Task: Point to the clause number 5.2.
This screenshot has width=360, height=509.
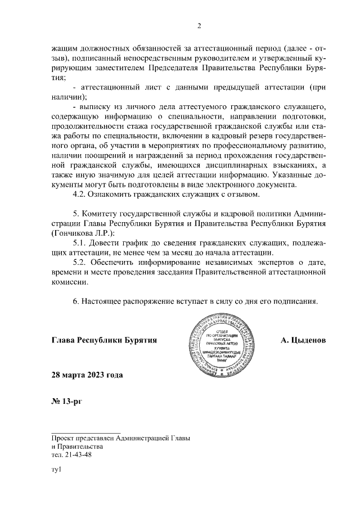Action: coord(80,263)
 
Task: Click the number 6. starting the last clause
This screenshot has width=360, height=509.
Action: coord(76,301)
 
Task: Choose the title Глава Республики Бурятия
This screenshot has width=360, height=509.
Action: coord(103,340)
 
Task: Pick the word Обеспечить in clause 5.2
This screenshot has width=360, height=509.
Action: coord(115,263)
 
